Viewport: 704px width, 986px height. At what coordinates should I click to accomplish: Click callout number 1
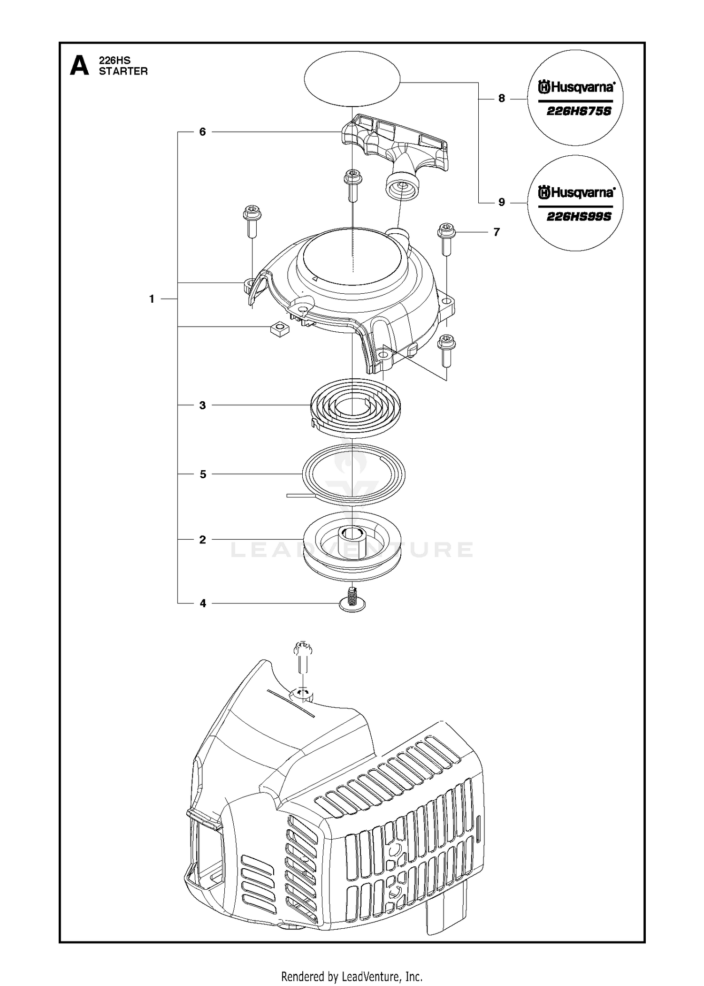[x=152, y=299]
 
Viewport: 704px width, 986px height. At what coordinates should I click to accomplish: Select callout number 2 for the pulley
[x=203, y=540]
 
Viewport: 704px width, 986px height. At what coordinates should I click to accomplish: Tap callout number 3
[x=203, y=405]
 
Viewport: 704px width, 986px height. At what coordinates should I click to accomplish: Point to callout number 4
[x=203, y=603]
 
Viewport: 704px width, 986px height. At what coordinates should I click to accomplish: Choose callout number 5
[x=203, y=474]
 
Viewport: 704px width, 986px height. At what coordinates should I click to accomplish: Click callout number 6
[x=203, y=132]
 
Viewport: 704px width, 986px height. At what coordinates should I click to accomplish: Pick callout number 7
[x=497, y=232]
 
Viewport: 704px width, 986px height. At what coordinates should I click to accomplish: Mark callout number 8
[x=502, y=99]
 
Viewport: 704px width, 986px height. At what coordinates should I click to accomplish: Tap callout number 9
[x=502, y=202]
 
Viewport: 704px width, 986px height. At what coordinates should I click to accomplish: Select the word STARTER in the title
[x=123, y=71]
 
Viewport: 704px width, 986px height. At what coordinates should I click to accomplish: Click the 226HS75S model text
[x=579, y=112]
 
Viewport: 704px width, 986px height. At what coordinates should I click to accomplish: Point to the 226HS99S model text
[x=579, y=217]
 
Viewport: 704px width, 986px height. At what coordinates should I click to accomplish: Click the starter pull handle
[x=393, y=150]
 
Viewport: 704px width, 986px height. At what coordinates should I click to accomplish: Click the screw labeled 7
[x=446, y=239]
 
